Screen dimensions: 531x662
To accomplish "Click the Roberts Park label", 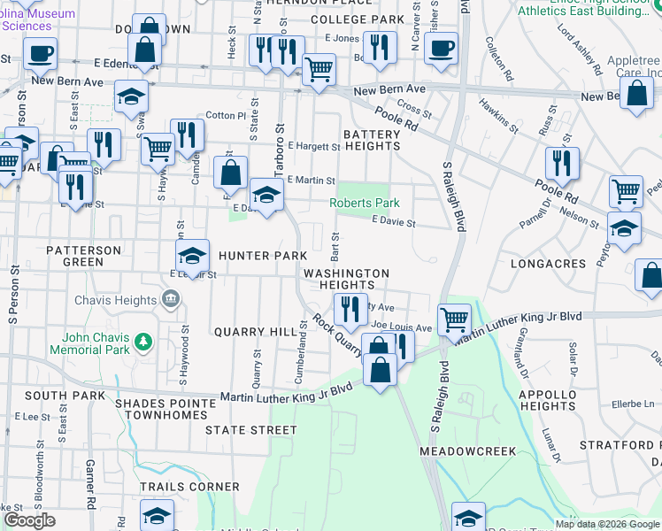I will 358,204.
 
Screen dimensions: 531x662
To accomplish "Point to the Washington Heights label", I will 346,280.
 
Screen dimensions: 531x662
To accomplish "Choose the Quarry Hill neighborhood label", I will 256,332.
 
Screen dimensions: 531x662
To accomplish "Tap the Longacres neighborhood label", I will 549,264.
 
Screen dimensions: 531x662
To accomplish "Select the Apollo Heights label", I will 549,400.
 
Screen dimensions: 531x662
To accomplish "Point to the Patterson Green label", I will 83,257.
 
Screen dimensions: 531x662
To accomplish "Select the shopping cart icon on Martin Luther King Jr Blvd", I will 454,318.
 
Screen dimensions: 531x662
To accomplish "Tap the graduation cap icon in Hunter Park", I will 192,256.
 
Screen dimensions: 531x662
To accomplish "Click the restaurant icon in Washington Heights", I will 349,307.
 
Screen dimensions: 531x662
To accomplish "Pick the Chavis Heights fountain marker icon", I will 172,301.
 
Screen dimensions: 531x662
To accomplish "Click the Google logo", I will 30,520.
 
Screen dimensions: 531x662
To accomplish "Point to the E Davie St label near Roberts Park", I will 393,224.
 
